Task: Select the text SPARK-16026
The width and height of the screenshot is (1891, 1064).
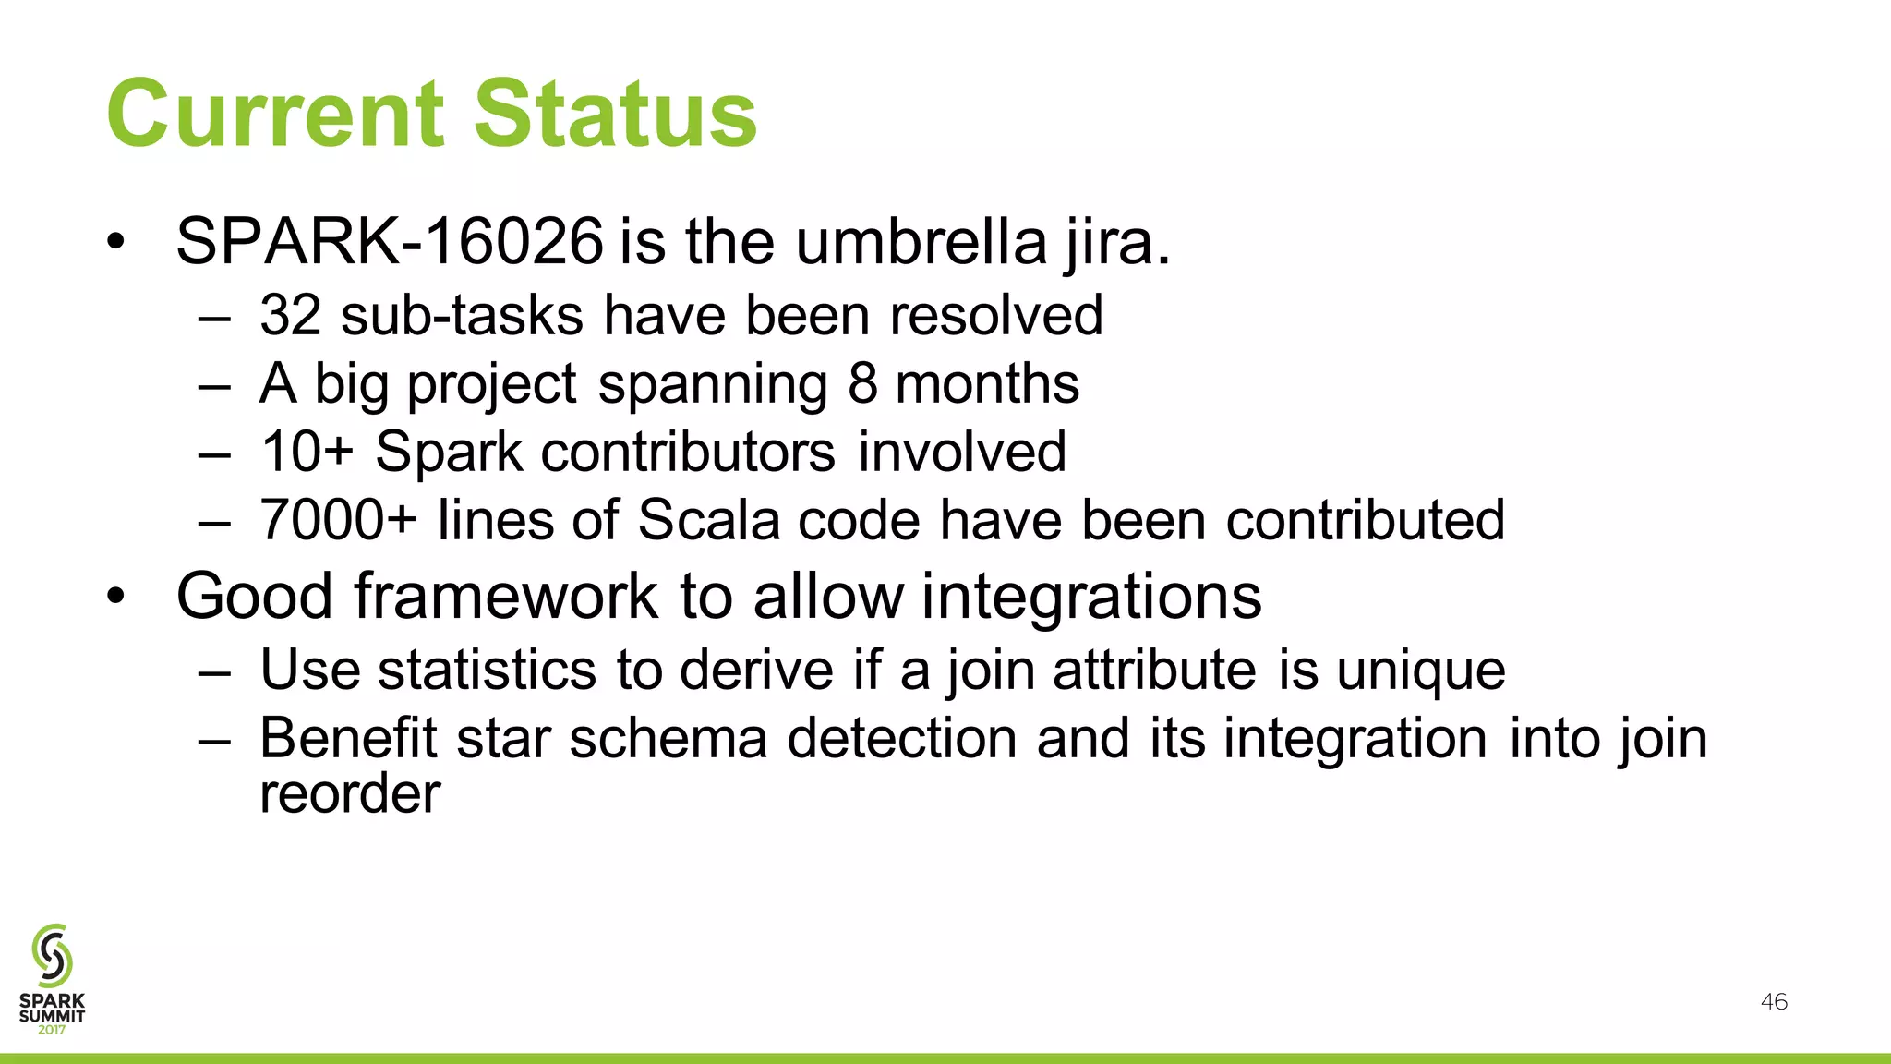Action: pos(390,242)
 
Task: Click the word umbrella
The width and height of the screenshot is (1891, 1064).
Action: pos(921,242)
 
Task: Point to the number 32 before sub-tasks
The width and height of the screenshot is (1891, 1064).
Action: pos(290,315)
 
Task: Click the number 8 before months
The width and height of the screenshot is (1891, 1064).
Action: pos(862,383)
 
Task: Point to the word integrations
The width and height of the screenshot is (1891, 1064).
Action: pos(1091,596)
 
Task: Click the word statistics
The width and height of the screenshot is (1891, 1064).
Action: pos(488,670)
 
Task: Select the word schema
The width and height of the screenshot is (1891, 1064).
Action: pos(668,738)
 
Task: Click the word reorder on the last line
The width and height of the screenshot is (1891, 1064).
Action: pos(350,793)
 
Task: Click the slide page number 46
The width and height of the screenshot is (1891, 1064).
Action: pos(1774,1002)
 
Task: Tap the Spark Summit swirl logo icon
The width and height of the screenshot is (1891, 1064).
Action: pos(52,955)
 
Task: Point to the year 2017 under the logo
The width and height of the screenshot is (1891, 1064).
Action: pos(52,1030)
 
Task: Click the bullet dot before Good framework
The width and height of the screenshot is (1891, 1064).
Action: pos(114,597)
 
